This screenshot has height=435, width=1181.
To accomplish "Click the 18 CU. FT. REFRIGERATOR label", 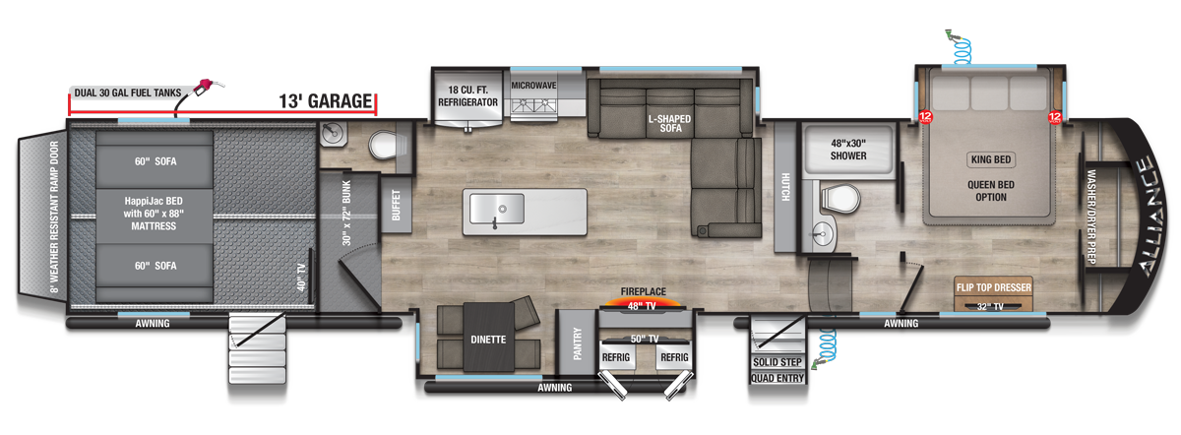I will tap(467, 94).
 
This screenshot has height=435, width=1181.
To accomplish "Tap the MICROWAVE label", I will tap(533, 86).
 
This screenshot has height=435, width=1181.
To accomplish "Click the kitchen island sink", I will tap(496, 209).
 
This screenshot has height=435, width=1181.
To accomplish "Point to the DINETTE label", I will tap(487, 340).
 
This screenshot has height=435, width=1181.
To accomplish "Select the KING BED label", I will tap(990, 159).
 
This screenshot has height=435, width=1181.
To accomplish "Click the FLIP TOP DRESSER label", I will tap(993, 288).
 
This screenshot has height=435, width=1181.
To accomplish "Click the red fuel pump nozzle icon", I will tap(208, 86).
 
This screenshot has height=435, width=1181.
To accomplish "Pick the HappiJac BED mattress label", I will tap(153, 212).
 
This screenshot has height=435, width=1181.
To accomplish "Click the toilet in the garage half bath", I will tap(382, 148).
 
